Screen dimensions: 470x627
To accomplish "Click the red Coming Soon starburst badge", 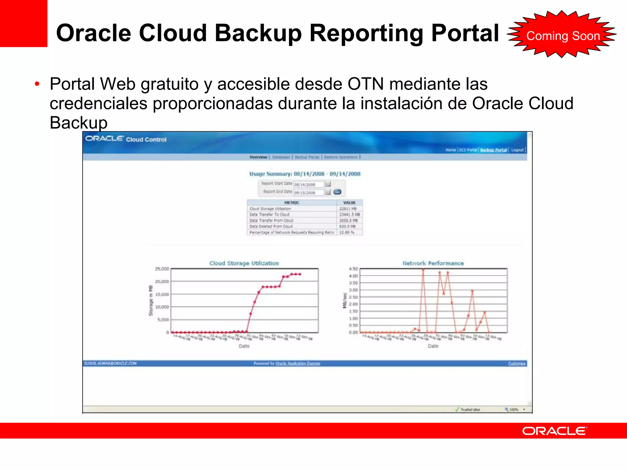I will tap(562, 35).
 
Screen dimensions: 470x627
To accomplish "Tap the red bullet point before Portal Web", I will tap(37, 84).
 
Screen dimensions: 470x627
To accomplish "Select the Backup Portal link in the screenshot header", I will tap(493, 150).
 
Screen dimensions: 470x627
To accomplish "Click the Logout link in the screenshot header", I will tap(517, 150).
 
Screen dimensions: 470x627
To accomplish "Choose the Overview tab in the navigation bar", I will tap(258, 157).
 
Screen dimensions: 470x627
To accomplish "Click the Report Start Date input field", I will tap(308, 185).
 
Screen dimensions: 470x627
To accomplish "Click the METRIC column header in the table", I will tap(291, 203).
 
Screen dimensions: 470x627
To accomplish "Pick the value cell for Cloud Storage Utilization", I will tap(348, 209).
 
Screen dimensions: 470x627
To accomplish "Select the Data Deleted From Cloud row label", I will tap(271, 226).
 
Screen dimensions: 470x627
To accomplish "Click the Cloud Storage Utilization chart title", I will tap(244, 263).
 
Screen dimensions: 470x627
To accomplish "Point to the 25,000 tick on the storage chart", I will tap(162, 269).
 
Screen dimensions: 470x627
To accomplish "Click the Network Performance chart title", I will tap(433, 263).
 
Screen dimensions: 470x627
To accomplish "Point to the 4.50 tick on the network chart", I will tap(353, 269).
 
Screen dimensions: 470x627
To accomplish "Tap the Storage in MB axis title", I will tap(151, 300).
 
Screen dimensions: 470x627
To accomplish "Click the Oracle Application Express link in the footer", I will tap(298, 364).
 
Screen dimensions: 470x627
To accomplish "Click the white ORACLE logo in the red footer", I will tap(554, 431).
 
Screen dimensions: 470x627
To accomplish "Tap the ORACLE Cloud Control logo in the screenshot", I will tap(126, 139).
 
